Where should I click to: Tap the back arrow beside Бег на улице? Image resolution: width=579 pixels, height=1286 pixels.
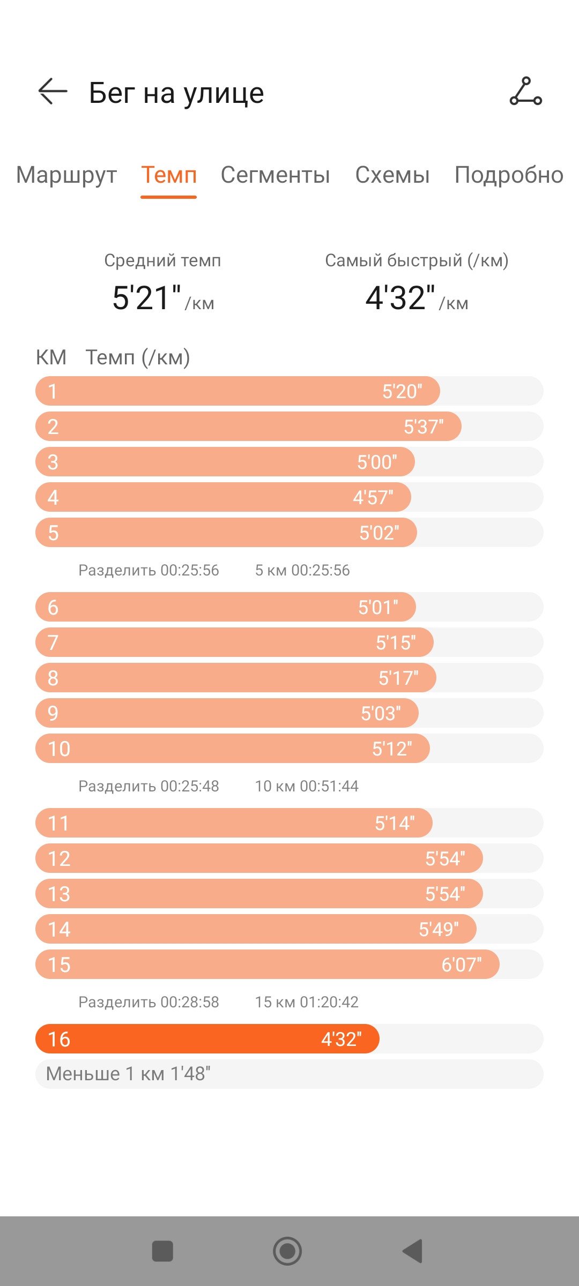coord(53,92)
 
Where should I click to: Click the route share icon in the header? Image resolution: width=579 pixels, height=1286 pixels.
coord(525,91)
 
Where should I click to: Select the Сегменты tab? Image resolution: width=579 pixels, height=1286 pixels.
coord(275,175)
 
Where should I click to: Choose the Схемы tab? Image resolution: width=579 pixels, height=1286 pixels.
coord(392,175)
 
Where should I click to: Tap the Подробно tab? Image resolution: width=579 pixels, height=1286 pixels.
coord(509,175)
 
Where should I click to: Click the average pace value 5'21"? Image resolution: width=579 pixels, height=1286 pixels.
coord(146,298)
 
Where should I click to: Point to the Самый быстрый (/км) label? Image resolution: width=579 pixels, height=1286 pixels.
coord(417,260)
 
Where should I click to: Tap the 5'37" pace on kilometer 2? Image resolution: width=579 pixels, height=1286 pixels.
coord(424,427)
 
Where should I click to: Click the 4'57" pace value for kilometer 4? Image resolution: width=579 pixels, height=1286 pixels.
coord(373,498)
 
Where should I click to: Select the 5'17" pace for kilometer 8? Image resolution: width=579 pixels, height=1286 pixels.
coord(398,678)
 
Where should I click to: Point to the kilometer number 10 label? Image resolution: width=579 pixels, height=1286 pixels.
coord(59,749)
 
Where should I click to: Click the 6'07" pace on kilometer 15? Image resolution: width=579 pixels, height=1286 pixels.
coord(462,965)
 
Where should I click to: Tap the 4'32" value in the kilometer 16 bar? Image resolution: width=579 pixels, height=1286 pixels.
coord(342,1040)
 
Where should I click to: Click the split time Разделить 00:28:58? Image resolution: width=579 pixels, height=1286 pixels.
coord(149,1002)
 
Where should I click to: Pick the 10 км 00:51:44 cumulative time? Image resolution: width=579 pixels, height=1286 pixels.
coord(307,786)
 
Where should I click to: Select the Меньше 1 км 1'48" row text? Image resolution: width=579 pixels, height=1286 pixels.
coord(128,1074)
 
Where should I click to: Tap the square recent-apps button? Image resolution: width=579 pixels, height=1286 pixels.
coord(162,1252)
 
